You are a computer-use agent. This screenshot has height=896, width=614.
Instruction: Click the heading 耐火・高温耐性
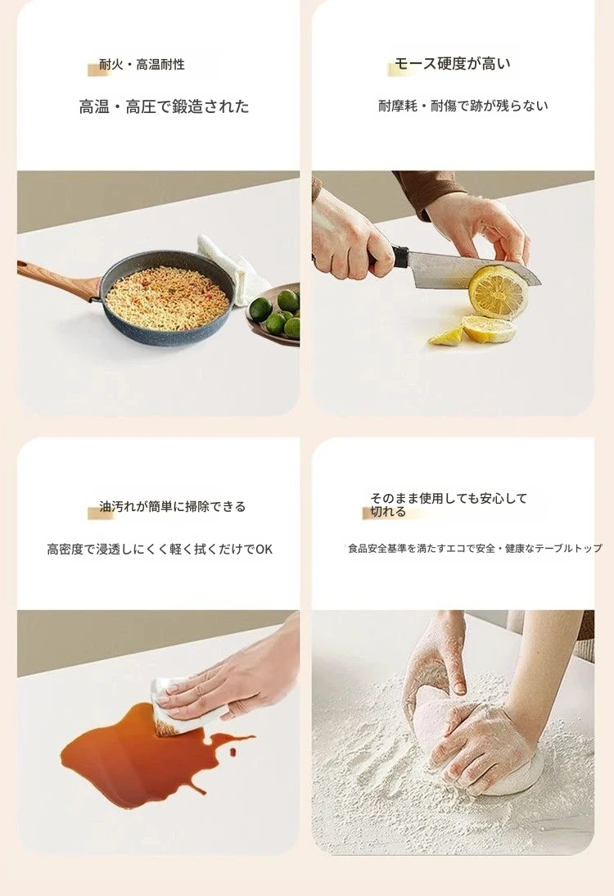tap(142, 65)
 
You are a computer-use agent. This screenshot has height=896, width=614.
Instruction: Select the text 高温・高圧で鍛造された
tap(164, 106)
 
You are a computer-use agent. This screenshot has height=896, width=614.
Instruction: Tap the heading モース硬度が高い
tap(453, 63)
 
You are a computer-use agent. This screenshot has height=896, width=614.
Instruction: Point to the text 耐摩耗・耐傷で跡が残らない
tap(463, 106)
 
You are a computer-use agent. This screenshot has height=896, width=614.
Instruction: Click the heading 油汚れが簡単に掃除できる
tap(173, 507)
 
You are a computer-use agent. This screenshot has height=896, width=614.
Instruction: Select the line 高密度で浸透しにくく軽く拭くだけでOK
tap(160, 550)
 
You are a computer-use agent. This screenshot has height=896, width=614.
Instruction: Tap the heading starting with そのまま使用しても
tap(449, 505)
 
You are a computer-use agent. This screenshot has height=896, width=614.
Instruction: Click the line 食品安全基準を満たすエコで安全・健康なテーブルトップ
tap(475, 549)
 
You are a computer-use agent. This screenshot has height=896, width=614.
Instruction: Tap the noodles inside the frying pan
tap(167, 298)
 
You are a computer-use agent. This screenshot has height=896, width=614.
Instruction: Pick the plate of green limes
tap(275, 313)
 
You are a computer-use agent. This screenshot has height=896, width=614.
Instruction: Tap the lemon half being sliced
tap(497, 292)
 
